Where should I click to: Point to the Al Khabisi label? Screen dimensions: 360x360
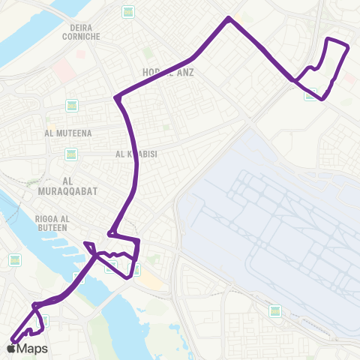pos(135,154)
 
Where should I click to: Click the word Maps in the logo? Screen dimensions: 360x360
pos(32,349)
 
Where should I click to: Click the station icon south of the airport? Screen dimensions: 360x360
pos(275,310)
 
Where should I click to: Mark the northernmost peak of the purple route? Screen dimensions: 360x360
pos(228,18)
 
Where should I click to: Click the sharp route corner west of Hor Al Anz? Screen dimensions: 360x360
pos(115,98)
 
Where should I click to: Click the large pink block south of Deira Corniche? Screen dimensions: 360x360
pos(63,69)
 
